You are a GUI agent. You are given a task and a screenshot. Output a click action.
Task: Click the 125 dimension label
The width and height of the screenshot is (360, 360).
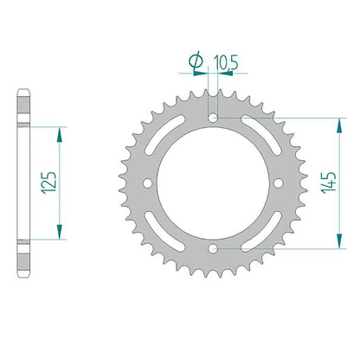[x=48, y=183]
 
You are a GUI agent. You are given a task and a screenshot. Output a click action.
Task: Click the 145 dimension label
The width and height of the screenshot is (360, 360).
[x=329, y=183]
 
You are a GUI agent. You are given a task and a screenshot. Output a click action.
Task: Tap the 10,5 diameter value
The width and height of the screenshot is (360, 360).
[x=226, y=63]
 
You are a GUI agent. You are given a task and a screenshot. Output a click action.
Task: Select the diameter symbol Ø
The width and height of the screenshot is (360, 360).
[x=196, y=61]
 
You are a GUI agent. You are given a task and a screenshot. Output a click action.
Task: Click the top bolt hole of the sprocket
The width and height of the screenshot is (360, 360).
[x=213, y=118]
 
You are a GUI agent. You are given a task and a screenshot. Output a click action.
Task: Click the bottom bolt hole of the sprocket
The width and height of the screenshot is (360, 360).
[x=213, y=248]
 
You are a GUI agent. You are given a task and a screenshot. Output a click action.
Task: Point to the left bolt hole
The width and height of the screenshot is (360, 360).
[x=148, y=183]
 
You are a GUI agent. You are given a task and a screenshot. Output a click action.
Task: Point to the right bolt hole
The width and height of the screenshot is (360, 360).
[x=279, y=183]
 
